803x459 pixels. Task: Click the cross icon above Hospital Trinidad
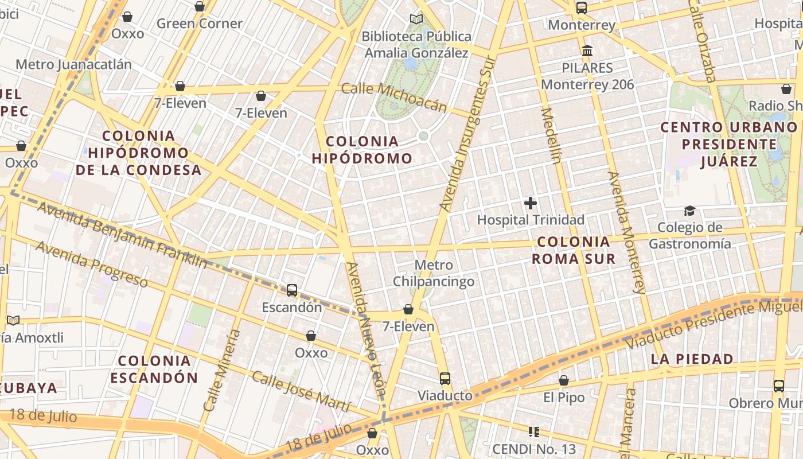click(531, 203)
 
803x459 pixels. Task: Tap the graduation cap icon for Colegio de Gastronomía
click(689, 211)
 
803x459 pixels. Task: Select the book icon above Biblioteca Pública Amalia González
click(416, 20)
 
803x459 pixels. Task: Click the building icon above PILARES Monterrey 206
click(587, 51)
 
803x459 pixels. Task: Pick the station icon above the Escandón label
click(292, 290)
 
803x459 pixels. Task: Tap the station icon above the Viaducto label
click(445, 379)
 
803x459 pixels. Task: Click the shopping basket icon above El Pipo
click(564, 381)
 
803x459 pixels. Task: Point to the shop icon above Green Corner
click(200, 7)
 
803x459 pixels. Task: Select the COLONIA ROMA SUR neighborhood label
click(573, 250)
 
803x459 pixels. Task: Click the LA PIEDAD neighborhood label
click(692, 360)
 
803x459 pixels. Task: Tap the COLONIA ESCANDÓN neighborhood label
click(154, 369)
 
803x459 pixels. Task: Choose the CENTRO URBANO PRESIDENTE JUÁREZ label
click(729, 144)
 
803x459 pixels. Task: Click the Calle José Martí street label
click(301, 392)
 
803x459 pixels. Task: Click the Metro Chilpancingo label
click(434, 274)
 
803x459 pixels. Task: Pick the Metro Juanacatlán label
click(73, 64)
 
